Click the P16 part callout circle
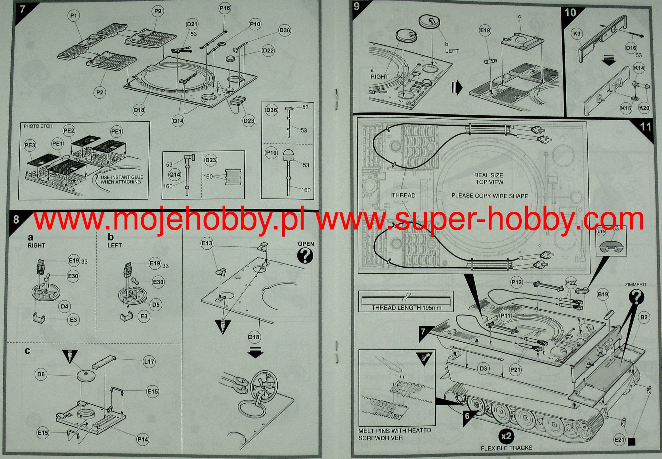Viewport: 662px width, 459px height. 225,8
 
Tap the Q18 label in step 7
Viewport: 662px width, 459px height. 139,110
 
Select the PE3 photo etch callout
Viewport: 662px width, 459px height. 30,145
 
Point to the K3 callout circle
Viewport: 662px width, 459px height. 576,34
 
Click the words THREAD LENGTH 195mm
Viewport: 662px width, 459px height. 406,307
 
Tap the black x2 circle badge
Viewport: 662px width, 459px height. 506,436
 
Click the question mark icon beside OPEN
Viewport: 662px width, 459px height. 305,256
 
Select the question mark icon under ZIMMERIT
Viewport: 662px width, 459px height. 636,296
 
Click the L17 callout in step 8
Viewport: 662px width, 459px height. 149,362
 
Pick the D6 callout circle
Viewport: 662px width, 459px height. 41,374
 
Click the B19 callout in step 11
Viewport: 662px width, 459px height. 603,294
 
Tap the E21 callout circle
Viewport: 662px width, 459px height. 619,440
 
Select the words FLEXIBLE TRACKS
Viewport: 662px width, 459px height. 506,448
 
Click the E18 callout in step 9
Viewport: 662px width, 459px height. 485,31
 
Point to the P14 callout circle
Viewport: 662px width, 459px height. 143,439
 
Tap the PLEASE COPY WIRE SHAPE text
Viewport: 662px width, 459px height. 489,196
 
